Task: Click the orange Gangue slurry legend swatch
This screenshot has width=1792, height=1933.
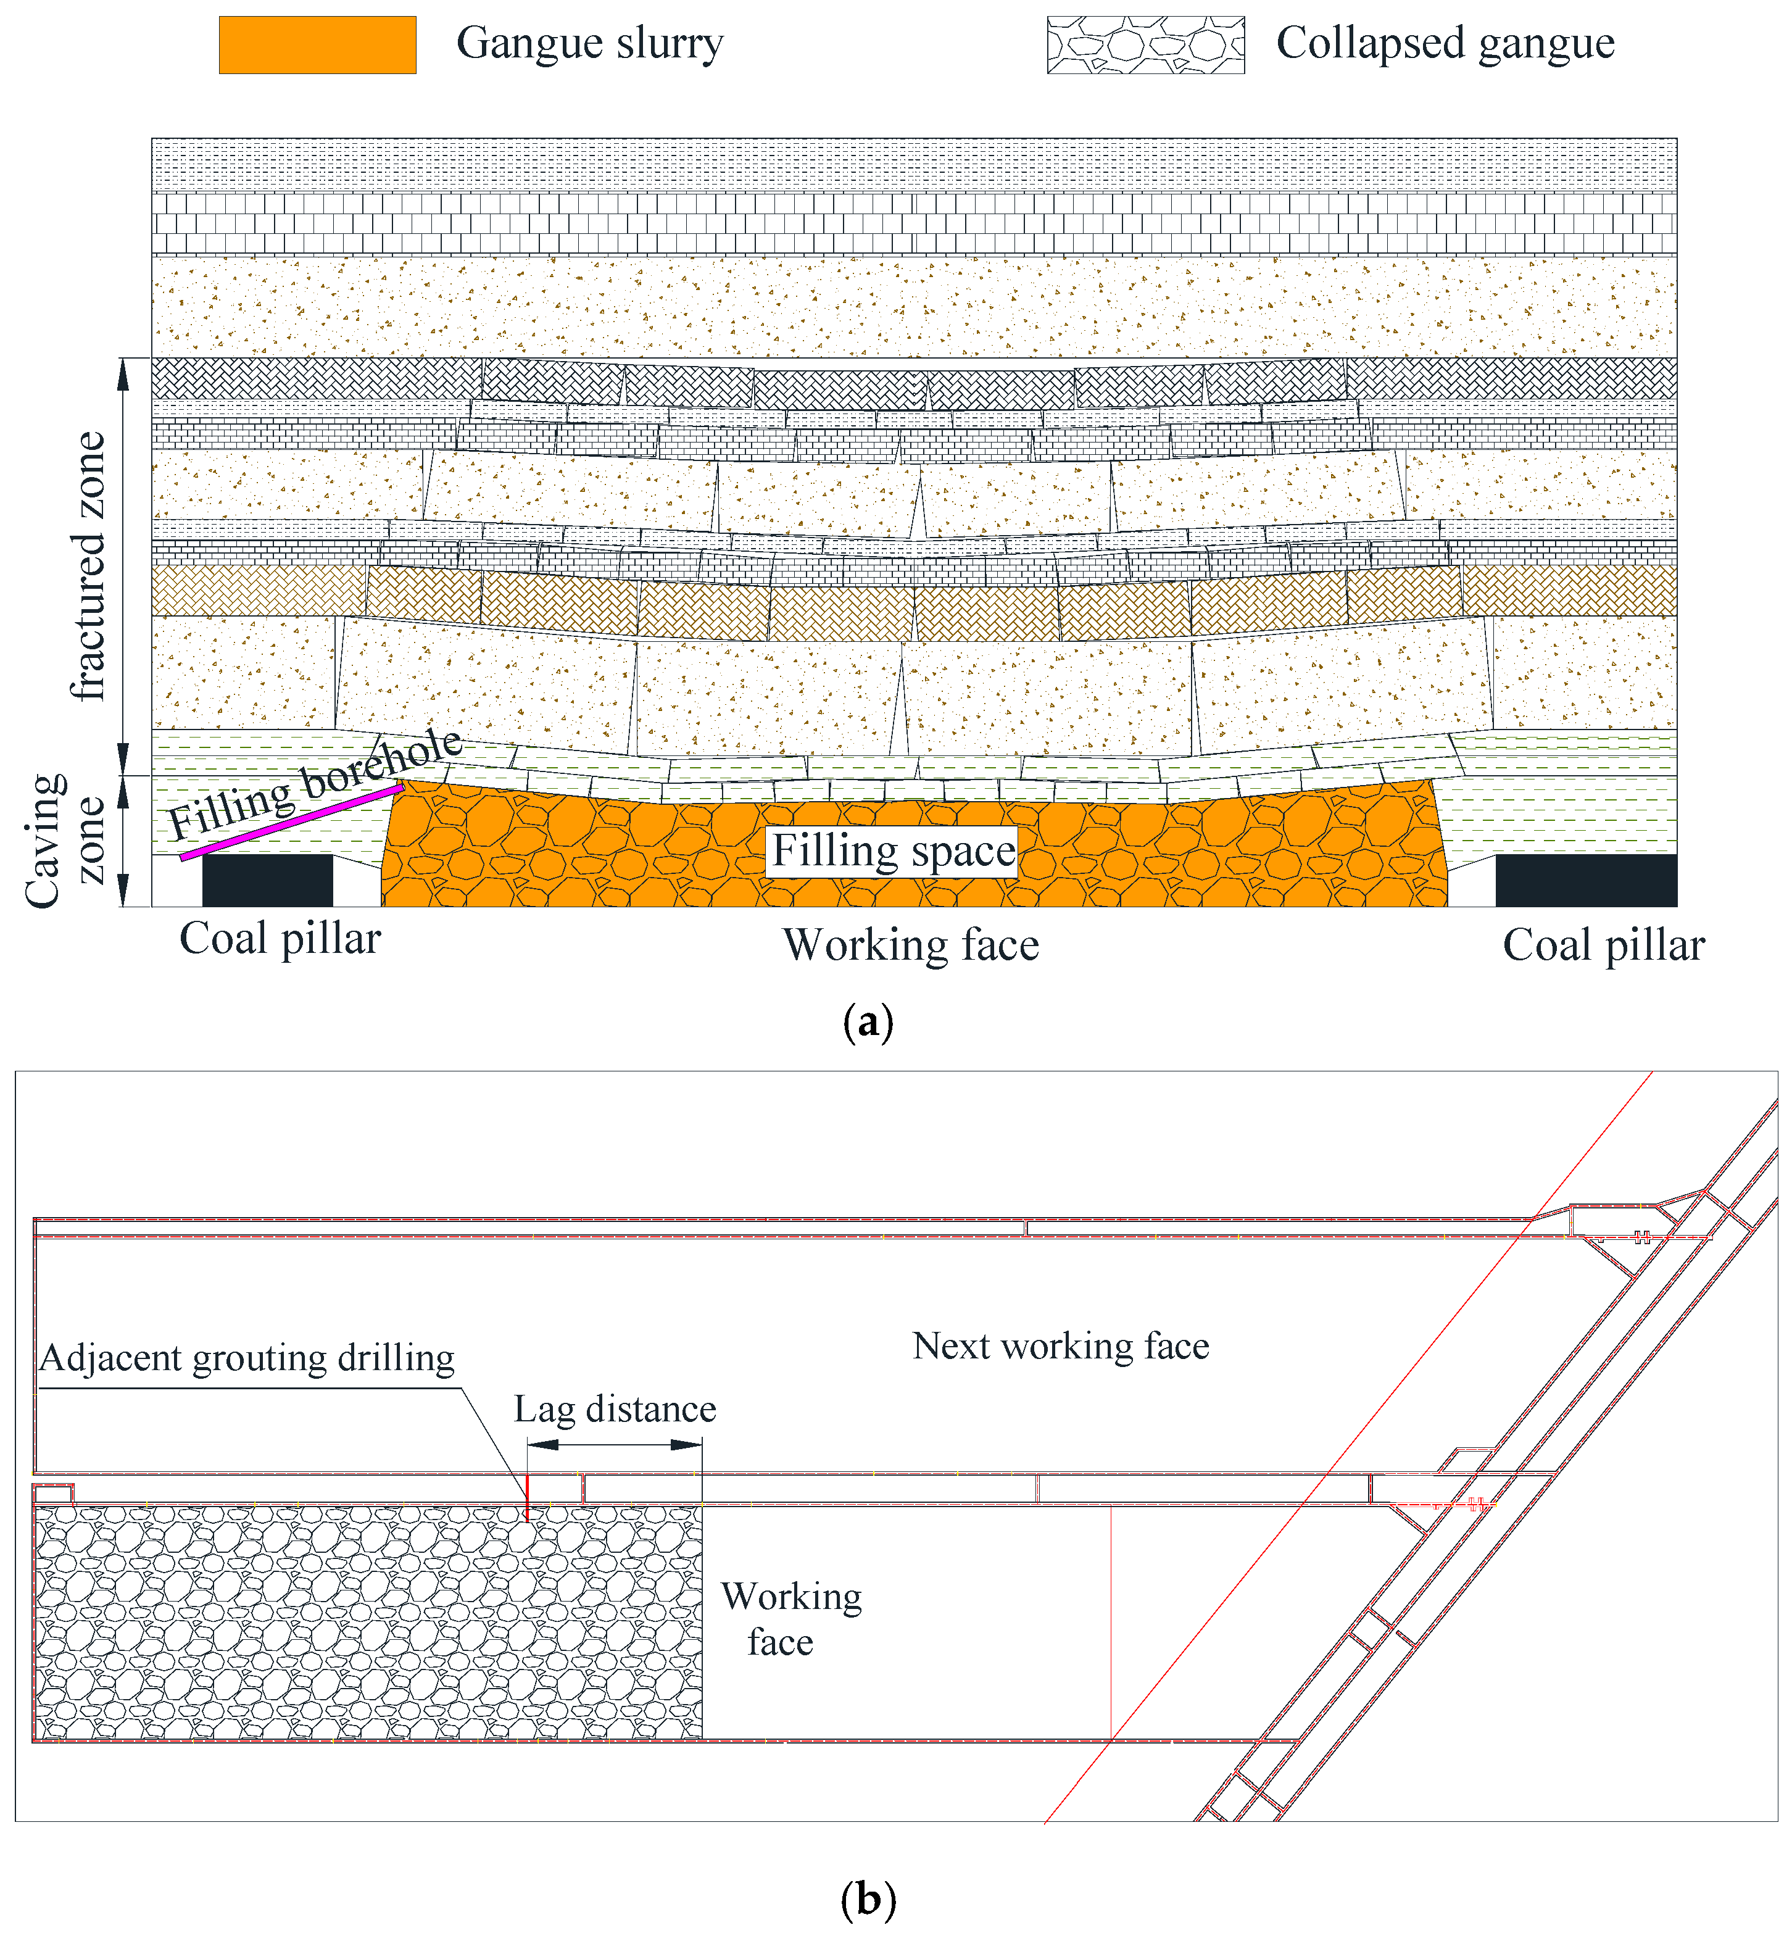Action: point(317,44)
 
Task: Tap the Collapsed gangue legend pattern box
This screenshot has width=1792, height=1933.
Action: point(1145,44)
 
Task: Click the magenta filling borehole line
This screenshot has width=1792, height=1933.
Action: point(291,823)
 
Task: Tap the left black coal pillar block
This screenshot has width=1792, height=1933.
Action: point(268,879)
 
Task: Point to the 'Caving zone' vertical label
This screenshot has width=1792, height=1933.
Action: point(63,840)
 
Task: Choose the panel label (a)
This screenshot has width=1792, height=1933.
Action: point(868,1022)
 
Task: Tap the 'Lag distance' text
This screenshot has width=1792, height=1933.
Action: point(615,1409)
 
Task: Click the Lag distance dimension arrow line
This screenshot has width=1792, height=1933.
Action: point(615,1444)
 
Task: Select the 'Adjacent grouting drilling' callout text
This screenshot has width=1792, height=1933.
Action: point(247,1358)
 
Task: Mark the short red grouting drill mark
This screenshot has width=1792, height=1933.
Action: point(526,1497)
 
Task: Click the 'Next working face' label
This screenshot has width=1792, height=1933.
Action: point(1061,1346)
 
